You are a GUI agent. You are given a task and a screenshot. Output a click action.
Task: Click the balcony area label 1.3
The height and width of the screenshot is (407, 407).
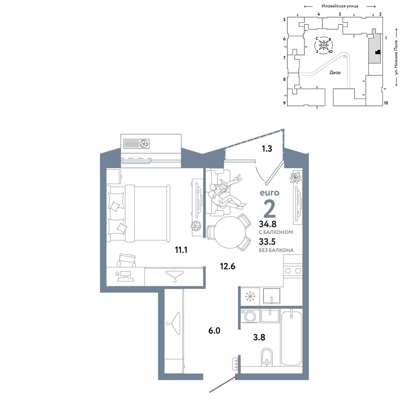[x=267, y=149]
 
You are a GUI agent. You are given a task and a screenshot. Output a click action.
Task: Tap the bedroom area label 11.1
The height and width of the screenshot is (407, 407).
[x=181, y=250]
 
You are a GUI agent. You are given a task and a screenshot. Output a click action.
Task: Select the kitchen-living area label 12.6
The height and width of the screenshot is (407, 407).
[x=228, y=266]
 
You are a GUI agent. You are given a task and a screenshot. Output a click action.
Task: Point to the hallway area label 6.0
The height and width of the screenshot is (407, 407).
[x=214, y=330]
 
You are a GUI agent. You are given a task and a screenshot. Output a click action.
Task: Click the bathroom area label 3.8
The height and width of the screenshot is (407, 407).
[x=259, y=337]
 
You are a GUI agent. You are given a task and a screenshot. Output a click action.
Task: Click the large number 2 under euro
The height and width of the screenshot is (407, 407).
[x=269, y=209]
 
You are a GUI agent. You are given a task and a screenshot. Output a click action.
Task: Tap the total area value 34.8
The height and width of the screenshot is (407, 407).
[x=268, y=224]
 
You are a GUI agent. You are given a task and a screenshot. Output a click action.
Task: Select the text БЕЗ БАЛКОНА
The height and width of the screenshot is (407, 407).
[x=276, y=250]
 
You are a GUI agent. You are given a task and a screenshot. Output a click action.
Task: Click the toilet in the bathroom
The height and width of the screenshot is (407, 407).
[x=267, y=357]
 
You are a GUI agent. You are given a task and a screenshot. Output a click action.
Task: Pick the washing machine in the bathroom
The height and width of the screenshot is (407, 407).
[x=250, y=316]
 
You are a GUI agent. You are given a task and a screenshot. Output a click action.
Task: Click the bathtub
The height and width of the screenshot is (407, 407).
[x=291, y=337]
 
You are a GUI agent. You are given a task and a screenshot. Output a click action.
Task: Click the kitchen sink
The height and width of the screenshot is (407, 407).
[x=271, y=295]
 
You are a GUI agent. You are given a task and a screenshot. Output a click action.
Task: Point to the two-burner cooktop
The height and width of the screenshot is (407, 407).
[x=293, y=271]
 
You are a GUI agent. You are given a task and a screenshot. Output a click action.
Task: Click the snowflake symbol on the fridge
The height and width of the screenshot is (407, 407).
[x=250, y=296]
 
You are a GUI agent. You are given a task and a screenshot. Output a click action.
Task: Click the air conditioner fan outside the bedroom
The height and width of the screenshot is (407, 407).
[x=144, y=143]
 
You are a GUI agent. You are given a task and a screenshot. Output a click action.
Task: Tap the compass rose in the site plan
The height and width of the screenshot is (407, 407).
[x=324, y=45]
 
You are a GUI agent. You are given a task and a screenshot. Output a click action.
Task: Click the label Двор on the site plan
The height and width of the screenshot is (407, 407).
[x=335, y=73]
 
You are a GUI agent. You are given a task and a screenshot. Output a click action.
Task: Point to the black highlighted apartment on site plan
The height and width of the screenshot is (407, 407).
[x=378, y=52]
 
